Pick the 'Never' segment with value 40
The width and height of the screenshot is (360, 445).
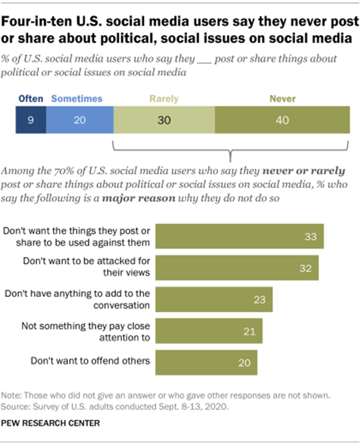pyautogui.click(x=282, y=119)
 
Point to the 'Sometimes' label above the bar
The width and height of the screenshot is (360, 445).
pyautogui.click(x=77, y=99)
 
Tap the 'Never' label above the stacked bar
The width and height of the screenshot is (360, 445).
pyautogui.click(x=282, y=99)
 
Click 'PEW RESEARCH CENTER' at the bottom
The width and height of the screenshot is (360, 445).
pyautogui.click(x=51, y=423)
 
